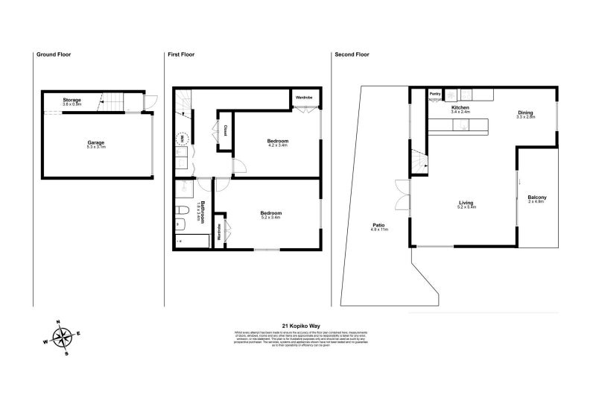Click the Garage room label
pyautogui.click(x=96, y=145)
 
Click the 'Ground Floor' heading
pyautogui.click(x=54, y=54)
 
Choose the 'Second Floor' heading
pyautogui.click(x=352, y=54)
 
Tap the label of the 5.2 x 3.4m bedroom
pyautogui.click(x=270, y=215)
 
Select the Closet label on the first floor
pyautogui.click(x=225, y=130)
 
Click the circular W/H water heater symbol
pyautogui.click(x=183, y=139)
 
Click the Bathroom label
pyautogui.click(x=199, y=214)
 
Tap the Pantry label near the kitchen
pyautogui.click(x=435, y=94)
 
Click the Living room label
pyautogui.click(x=466, y=204)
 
